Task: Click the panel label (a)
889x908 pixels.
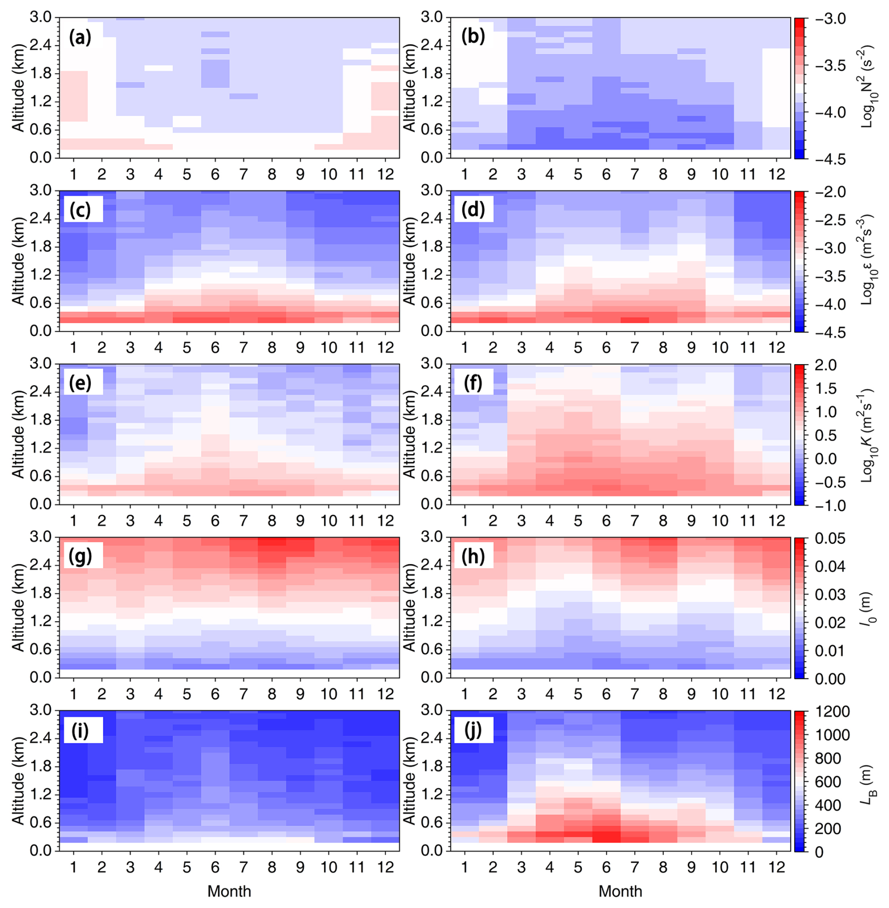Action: [80, 37]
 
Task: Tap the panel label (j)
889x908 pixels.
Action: [473, 730]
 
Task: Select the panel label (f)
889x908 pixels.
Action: [473, 384]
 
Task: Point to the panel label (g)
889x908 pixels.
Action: [80, 556]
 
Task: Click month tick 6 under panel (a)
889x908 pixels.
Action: [215, 175]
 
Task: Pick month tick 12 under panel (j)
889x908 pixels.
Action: [776, 867]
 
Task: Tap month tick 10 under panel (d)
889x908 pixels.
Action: [719, 348]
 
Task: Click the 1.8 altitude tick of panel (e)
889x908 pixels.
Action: [42, 420]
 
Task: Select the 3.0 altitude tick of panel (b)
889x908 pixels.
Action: [433, 18]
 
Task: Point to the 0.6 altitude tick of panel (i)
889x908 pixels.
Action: [42, 822]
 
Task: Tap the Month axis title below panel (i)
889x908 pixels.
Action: [229, 892]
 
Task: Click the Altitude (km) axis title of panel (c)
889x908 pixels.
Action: [18, 261]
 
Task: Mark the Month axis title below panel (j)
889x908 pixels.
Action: [620, 892]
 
